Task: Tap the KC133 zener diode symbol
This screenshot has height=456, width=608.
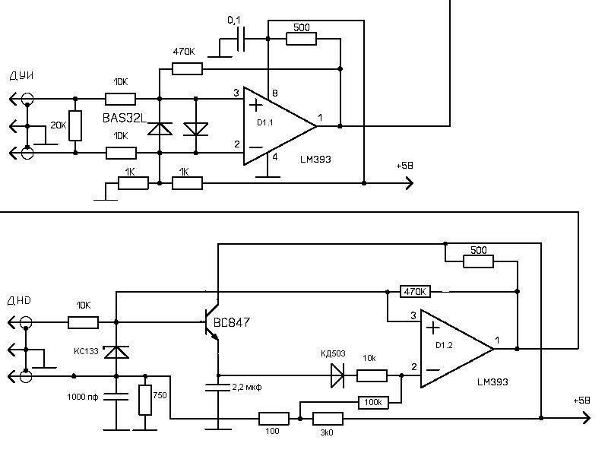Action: tap(116, 352)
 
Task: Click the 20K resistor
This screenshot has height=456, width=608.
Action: tap(75, 125)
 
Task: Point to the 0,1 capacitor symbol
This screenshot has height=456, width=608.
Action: tap(242, 40)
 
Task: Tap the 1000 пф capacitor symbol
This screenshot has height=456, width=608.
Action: tap(116, 395)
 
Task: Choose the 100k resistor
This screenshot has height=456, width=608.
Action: tap(373, 402)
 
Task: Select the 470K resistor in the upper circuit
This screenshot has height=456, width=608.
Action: tap(187, 69)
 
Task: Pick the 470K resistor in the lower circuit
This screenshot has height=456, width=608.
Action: tap(414, 291)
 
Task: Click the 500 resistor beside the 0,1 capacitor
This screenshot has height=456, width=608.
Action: tap(301, 39)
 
